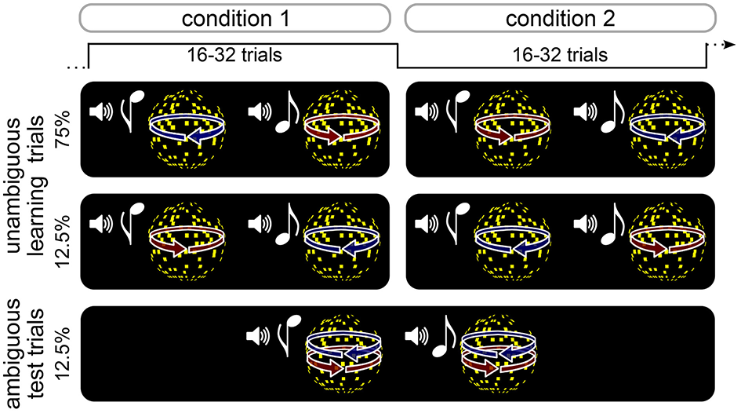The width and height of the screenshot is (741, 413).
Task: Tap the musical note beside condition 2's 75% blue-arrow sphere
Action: (610, 116)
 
